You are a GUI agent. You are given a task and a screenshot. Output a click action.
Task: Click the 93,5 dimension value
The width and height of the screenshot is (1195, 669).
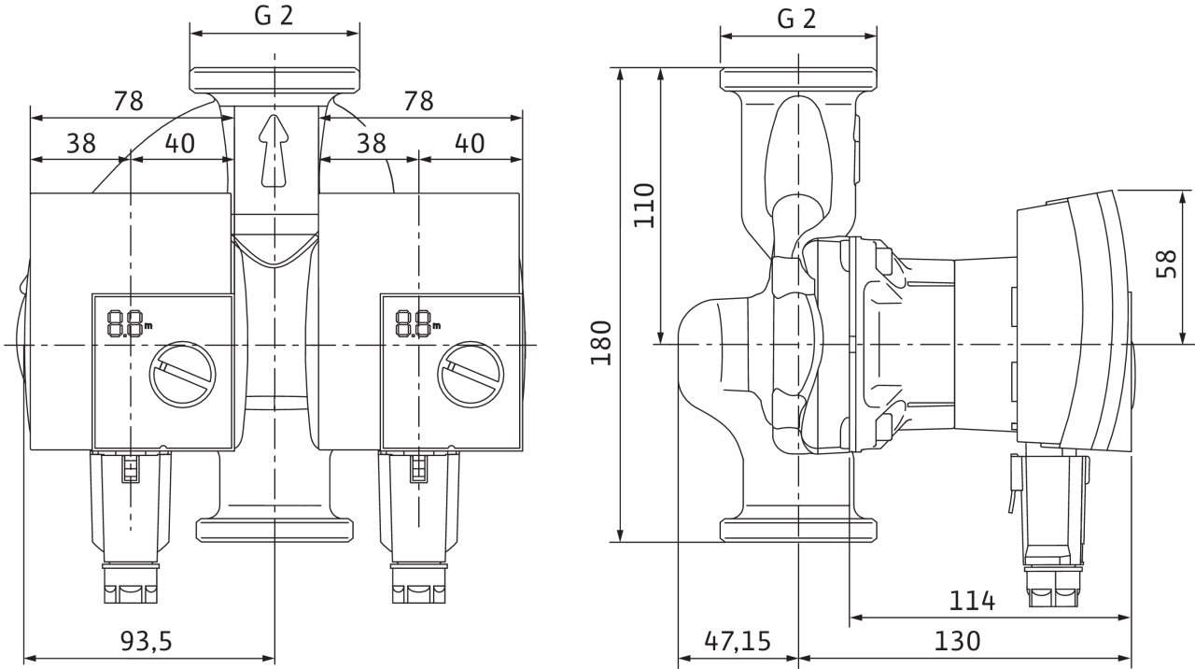[x=147, y=641]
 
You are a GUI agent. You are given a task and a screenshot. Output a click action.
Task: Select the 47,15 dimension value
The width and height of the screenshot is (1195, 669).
[x=738, y=641]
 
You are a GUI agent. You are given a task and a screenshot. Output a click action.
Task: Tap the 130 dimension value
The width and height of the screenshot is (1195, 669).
[x=957, y=641]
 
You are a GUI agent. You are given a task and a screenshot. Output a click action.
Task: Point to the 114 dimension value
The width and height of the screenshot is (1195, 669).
[x=972, y=601]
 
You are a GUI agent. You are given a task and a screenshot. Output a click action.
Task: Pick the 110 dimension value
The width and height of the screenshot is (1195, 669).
[x=644, y=206]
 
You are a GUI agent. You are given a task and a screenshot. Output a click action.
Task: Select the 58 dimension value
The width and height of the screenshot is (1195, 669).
[x=1166, y=263]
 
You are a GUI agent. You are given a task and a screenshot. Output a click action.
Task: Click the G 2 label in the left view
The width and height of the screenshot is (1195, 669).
[x=274, y=16]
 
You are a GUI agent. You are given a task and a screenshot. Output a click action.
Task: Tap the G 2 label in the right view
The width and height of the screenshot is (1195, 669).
[x=797, y=20]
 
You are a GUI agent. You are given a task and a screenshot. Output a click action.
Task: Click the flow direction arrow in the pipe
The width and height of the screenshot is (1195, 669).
[x=274, y=150]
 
